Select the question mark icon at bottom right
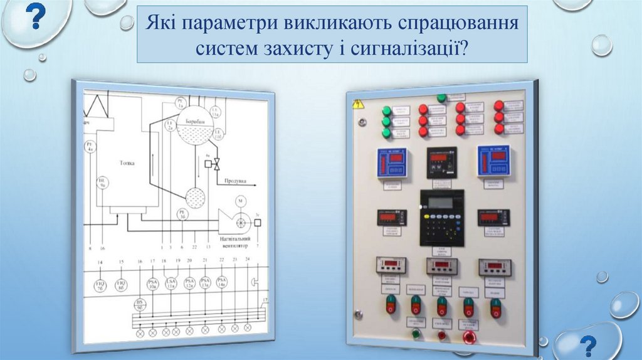click(x=587, y=346)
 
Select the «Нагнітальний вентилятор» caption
click(x=236, y=243)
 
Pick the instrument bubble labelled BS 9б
click(x=140, y=304)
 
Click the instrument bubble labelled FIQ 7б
click(x=100, y=285)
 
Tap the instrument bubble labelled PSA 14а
click(x=221, y=282)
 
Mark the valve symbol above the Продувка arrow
click(x=216, y=164)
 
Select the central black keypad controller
click(x=442, y=217)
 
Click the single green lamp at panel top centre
click(x=441, y=98)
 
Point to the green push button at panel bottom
click(x=416, y=334)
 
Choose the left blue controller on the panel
click(x=392, y=164)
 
